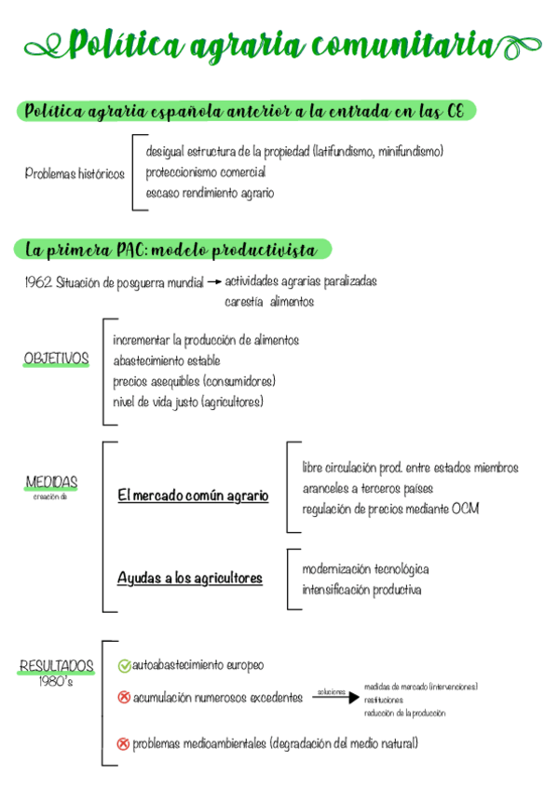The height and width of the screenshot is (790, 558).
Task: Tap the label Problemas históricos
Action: tap(75, 174)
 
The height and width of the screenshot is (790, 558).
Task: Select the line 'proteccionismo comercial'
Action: tap(205, 172)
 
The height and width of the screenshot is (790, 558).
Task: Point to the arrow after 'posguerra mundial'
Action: tap(213, 280)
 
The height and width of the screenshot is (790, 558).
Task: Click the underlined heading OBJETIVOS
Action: tap(56, 359)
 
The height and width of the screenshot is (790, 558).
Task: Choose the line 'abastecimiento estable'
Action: tap(167, 361)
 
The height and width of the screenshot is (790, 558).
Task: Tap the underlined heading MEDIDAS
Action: tap(51, 483)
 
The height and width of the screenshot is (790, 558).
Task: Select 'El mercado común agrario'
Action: tap(193, 497)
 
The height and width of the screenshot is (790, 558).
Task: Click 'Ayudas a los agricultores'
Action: tap(189, 579)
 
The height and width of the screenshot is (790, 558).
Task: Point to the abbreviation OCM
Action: tap(465, 509)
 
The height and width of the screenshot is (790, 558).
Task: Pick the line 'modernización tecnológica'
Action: tap(365, 568)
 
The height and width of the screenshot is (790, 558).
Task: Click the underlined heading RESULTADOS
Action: tap(57, 666)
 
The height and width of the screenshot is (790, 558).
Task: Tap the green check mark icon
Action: tap(124, 666)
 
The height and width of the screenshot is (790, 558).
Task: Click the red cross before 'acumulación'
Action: tap(124, 697)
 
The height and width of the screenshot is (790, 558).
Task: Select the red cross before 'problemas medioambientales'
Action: tap(123, 743)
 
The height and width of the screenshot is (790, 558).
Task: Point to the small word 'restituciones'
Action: tap(384, 700)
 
